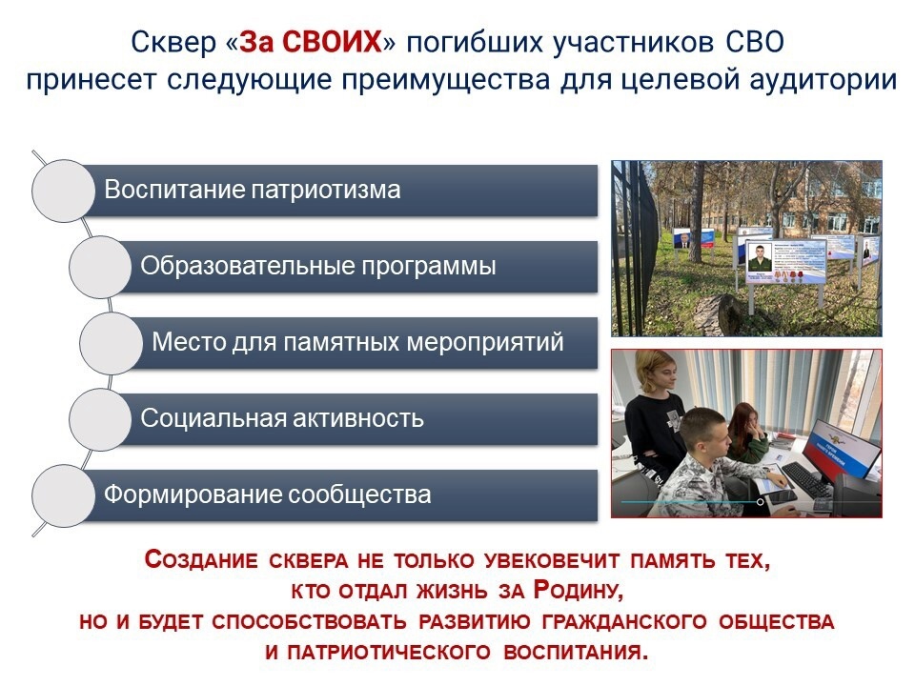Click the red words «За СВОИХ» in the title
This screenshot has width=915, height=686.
(311, 42)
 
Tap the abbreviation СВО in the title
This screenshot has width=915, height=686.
(755, 42)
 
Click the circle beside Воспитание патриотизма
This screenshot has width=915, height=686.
(63, 191)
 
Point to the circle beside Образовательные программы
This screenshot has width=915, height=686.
(100, 267)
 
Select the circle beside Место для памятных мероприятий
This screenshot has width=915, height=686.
(111, 343)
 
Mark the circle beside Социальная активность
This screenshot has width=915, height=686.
(100, 419)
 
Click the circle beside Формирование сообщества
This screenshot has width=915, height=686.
(63, 495)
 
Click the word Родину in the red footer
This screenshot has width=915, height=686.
(579, 591)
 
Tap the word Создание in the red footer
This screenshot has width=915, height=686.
(201, 559)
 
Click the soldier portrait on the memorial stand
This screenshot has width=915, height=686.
(760, 257)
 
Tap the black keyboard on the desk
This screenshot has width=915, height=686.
(807, 479)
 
